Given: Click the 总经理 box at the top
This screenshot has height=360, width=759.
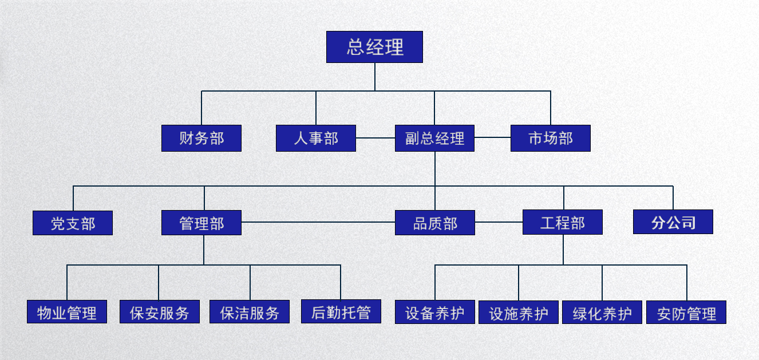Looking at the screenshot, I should [374, 47].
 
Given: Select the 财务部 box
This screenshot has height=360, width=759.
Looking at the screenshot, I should [201, 138].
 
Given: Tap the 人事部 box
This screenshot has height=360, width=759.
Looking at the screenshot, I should [316, 138].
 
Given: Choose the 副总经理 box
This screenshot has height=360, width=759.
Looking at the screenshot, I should [434, 138].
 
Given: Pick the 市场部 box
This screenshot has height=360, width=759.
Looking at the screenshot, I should [550, 138].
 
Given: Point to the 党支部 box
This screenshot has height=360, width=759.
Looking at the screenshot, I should [73, 223].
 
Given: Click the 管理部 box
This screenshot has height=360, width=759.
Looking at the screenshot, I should [201, 223].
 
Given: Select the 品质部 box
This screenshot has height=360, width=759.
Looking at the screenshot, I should [435, 223].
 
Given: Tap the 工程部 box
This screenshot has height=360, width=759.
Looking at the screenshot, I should [563, 222].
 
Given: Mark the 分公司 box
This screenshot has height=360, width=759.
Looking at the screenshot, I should [673, 222].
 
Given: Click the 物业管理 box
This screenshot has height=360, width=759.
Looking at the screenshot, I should [67, 312].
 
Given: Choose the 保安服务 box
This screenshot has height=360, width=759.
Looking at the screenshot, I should [160, 312].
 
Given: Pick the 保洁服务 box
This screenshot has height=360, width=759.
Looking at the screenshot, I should [250, 312].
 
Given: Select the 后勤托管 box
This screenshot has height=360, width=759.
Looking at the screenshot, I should [341, 311].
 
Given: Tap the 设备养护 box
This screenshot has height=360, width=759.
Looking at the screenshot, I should [435, 312].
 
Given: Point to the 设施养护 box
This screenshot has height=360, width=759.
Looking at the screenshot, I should [519, 312].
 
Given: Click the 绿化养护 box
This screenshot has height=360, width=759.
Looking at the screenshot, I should [602, 312].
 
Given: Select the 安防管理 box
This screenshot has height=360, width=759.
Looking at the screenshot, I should [686, 312].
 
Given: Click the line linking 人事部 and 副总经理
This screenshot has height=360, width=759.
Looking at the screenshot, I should [375, 138].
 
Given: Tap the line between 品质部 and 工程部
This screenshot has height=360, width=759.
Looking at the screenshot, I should [499, 222].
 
